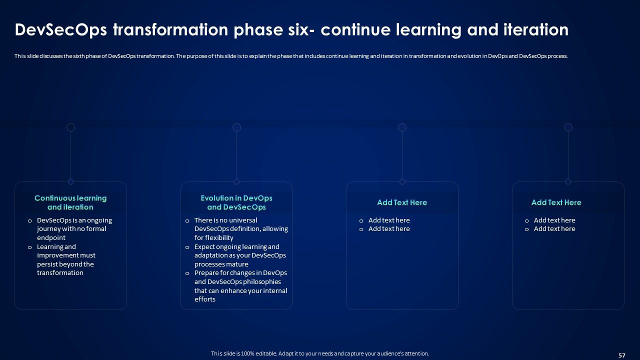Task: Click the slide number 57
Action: pos(622,355)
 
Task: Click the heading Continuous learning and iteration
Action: pos(70,202)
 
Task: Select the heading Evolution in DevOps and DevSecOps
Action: pos(236,202)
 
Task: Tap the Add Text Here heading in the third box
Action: pos(402,202)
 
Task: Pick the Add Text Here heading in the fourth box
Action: pos(556,202)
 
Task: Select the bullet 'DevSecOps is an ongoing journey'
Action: pos(74,229)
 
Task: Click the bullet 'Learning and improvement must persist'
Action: pos(66,259)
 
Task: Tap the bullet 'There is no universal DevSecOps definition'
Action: pos(241,229)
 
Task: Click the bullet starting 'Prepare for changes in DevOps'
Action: pos(240,286)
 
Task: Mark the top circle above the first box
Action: pos(71,127)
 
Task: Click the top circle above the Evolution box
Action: pos(237,127)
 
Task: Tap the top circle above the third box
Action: pos(402,127)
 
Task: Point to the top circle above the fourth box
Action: pos(568,127)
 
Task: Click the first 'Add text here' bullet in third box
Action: pos(389,220)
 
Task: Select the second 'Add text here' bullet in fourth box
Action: pos(554,229)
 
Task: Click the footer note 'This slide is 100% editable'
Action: pos(319,353)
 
